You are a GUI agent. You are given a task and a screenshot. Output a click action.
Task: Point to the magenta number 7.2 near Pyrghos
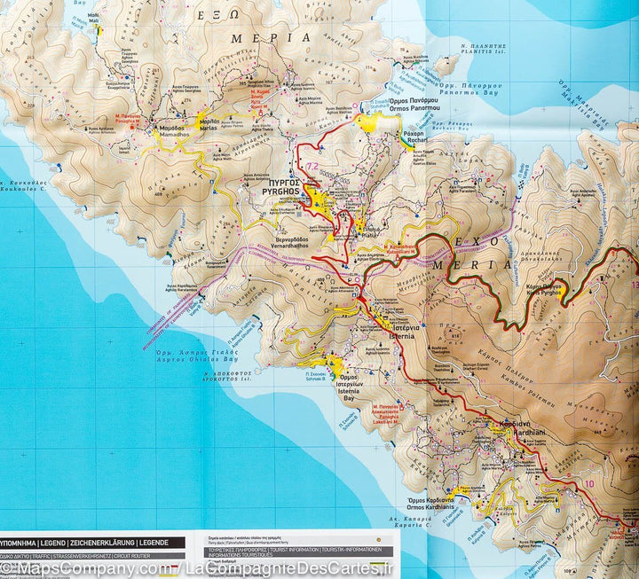point(312,167)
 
